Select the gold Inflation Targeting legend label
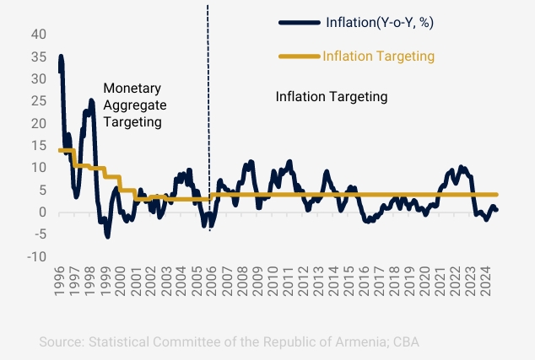(378, 56)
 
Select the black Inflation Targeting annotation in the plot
(332, 97)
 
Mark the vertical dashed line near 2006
(208, 126)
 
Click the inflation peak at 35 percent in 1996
(61, 57)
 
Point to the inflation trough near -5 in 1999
(107, 236)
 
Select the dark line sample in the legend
(298, 22)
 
